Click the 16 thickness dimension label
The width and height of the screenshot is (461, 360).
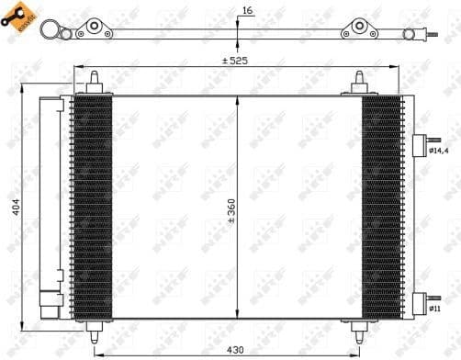pyautogui.click(x=245, y=11)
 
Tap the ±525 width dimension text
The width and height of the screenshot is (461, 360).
pyautogui.click(x=235, y=61)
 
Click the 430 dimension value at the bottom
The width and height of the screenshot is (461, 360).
pyautogui.click(x=235, y=350)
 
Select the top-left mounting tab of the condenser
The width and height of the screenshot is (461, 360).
pyautogui.click(x=93, y=86)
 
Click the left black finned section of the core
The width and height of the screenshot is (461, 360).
pyautogui.click(x=93, y=207)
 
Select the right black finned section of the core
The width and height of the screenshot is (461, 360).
pyautogui.click(x=381, y=207)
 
